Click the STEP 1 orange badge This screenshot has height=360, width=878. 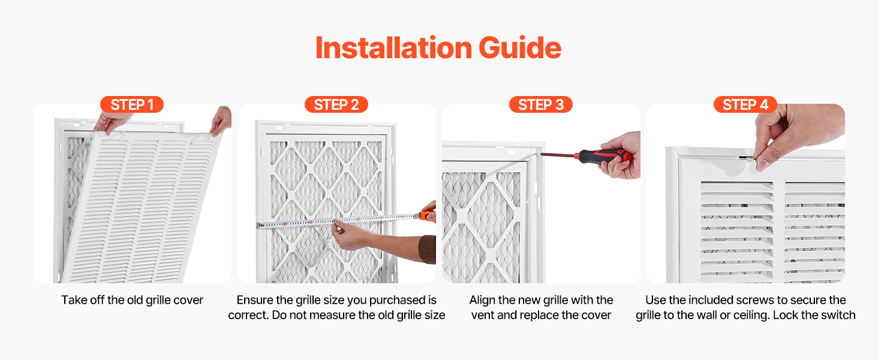tap(132, 104)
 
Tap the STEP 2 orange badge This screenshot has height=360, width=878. tap(336, 104)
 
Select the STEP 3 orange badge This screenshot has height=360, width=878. tap(541, 104)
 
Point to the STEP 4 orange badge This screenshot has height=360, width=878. tap(745, 104)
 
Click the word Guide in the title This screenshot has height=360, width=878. tap(520, 48)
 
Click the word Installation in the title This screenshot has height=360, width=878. tap(393, 48)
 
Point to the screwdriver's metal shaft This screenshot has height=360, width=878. tap(557, 155)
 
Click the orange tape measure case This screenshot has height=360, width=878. tap(428, 215)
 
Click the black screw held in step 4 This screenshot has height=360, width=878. tap(746, 158)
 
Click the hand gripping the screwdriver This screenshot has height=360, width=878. tap(621, 155)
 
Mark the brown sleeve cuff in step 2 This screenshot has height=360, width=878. tap(428, 250)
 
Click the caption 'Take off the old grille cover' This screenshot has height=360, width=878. tap(132, 300)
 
